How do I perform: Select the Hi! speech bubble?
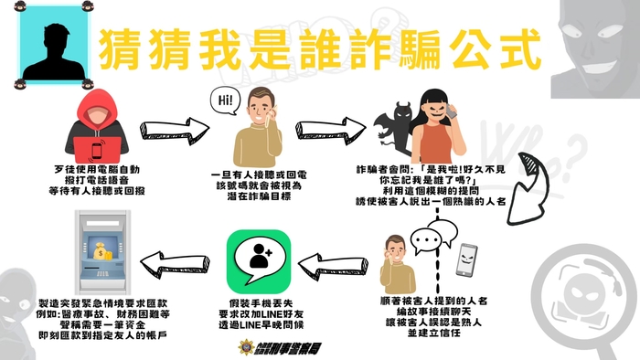pos(225,100)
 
